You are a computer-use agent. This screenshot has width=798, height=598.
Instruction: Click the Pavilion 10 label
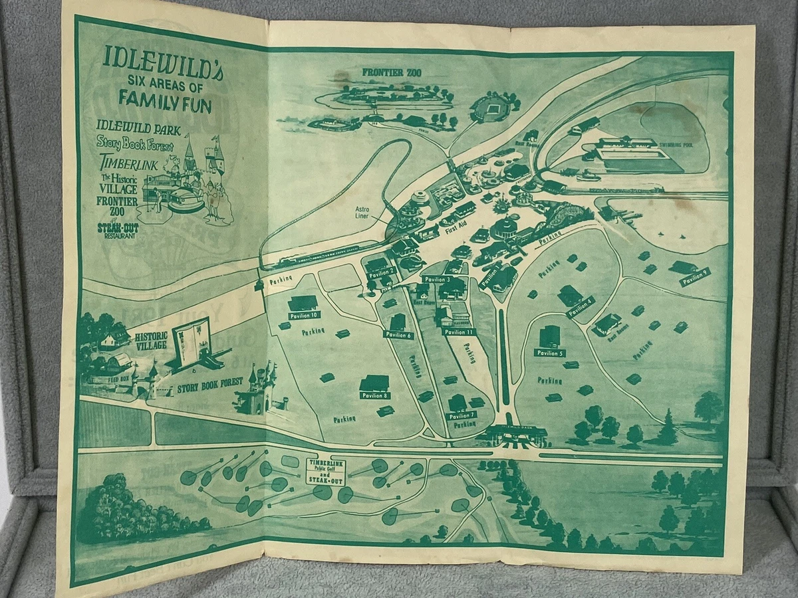[x=305, y=314]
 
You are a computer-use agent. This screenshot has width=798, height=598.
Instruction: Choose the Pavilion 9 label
[x=695, y=276]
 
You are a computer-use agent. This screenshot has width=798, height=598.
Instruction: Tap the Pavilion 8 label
[x=374, y=395]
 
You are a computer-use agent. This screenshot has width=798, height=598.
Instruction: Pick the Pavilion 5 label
[x=550, y=353]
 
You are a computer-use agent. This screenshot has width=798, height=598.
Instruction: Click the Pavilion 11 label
[x=459, y=332]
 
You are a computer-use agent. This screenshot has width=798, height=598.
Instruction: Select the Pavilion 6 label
[x=399, y=335]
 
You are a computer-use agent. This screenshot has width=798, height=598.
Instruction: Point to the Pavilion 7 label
[x=462, y=415]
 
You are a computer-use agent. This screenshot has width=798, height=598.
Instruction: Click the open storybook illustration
[x=192, y=342]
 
